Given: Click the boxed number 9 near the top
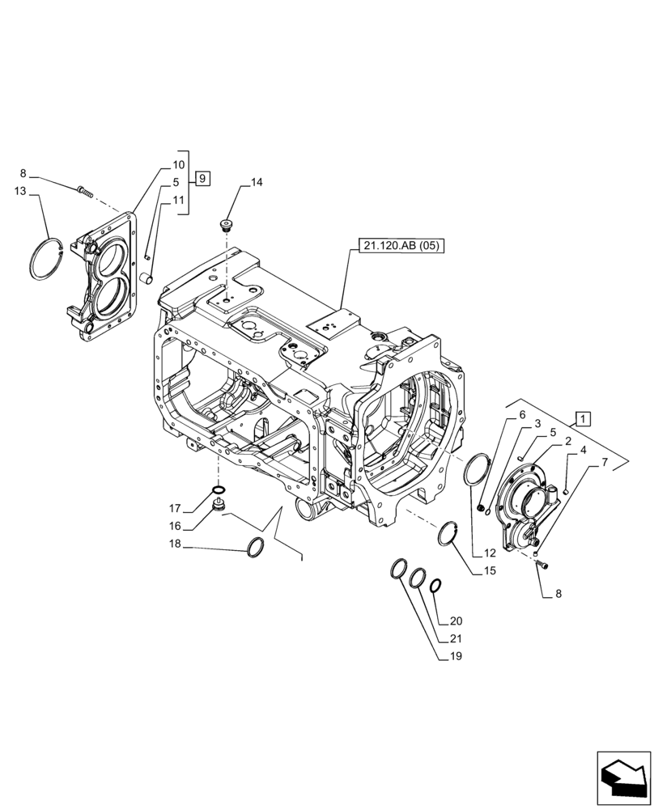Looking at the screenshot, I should pos(202,177).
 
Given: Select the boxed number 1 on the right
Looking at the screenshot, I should pos(584,418).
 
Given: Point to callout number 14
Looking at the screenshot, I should pos(256,183).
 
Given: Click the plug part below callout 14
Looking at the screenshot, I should pos(227,224).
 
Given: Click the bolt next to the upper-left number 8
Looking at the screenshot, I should pos(85,191).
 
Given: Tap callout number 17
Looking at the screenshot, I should pos(175,509).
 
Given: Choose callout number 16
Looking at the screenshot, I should pos(175,526).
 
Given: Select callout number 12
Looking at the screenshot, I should pos(489,553).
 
